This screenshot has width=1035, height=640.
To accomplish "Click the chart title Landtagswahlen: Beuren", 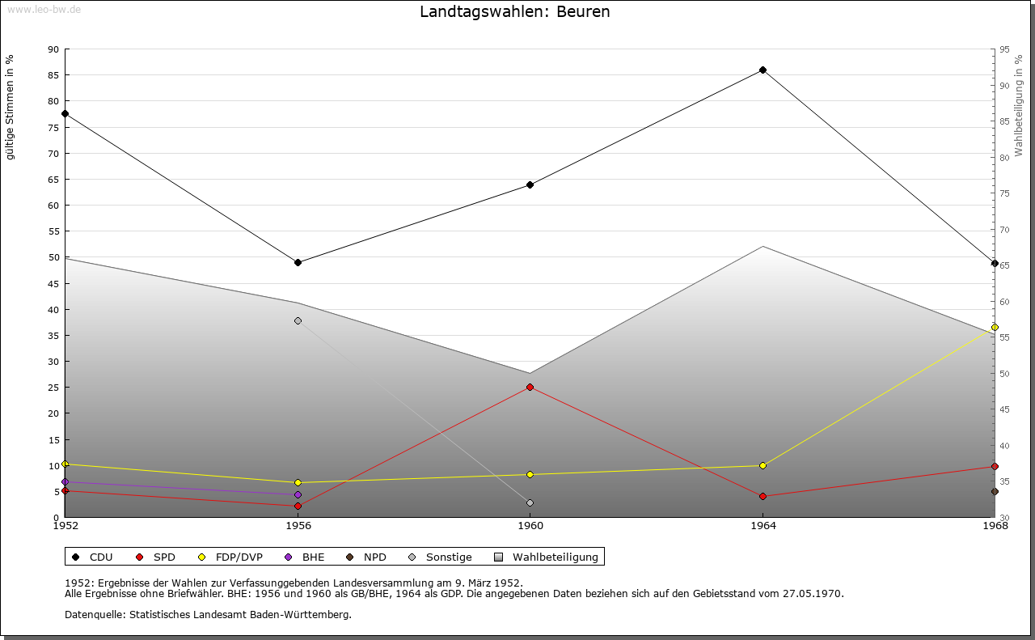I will pos(515,12).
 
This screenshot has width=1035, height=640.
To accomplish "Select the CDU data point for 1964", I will pos(763,70).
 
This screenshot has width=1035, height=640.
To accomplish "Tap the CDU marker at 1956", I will pos(298,262).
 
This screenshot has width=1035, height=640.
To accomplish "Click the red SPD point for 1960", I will pos(530,387).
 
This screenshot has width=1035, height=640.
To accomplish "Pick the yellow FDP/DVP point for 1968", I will pos(995,327).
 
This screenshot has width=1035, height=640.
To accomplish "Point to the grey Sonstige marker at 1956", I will pos(298,321).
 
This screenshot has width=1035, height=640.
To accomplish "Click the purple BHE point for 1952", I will pos(65,481).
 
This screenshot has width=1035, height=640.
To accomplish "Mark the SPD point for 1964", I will pos(763,496).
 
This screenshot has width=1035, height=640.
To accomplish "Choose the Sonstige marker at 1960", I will pos(530,502).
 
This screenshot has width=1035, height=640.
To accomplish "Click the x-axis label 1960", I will pos(530,526).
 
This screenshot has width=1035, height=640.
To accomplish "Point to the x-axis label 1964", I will pos(763,526).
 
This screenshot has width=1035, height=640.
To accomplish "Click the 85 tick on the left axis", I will pos(53,75).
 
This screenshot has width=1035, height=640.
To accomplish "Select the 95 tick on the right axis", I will pos(1004,49).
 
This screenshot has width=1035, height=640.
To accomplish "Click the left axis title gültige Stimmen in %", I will pos(11,107).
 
